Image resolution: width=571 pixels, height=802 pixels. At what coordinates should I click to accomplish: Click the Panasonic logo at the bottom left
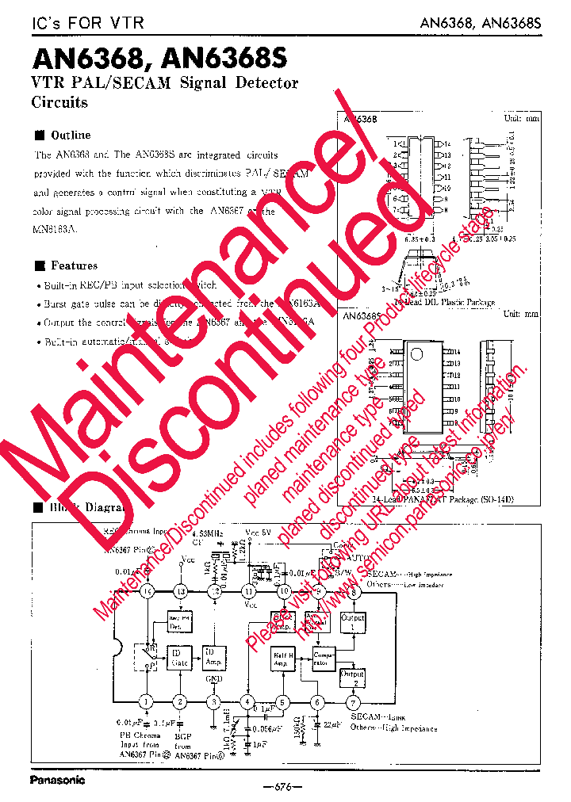tap(57, 780)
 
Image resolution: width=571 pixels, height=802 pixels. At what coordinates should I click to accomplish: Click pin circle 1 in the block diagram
tap(146, 701)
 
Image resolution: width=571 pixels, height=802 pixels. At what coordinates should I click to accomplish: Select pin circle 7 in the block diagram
tap(353, 701)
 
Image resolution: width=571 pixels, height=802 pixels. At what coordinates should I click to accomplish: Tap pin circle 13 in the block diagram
tap(181, 591)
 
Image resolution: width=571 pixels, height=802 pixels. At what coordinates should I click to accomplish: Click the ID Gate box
tap(179, 656)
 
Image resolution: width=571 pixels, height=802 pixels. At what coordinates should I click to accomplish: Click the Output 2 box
tap(352, 678)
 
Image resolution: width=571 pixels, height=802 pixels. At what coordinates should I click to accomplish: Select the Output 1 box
tap(352, 623)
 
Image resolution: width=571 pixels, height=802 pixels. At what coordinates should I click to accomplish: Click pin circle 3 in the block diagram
tap(213, 701)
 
